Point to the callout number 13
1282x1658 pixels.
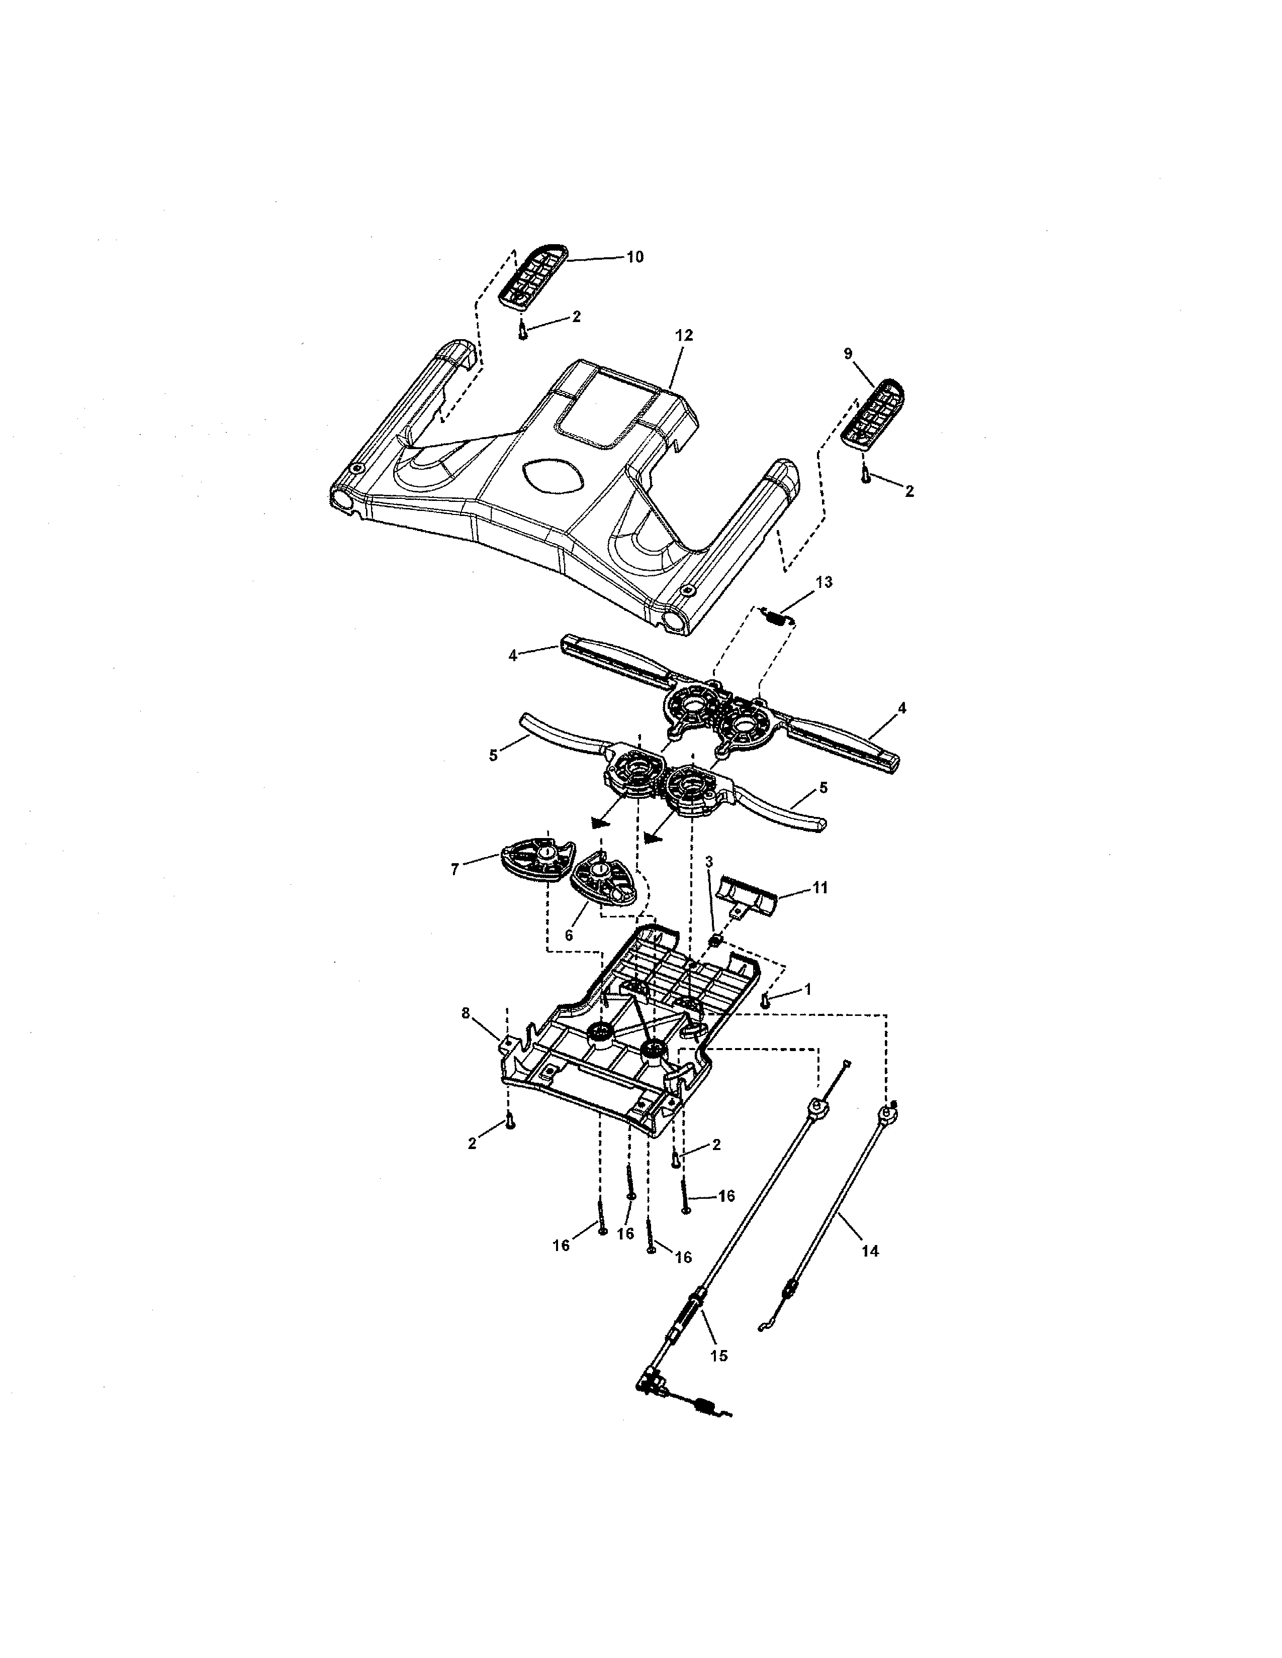coord(824,582)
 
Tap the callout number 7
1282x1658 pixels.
coord(455,870)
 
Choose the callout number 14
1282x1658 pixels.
coord(870,1251)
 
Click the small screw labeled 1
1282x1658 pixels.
coord(766,1002)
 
